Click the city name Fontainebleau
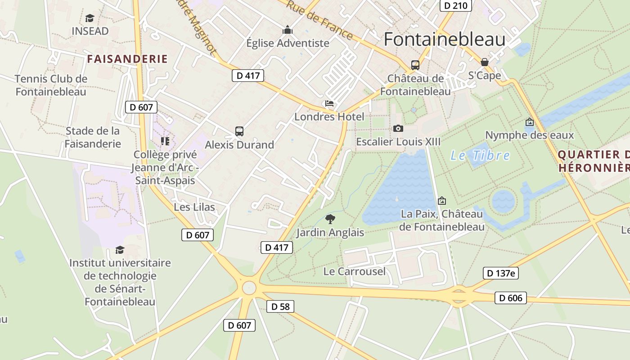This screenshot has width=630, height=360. [x=444, y=40]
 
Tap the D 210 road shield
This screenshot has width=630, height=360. [x=455, y=5]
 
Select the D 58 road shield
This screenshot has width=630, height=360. [x=280, y=307]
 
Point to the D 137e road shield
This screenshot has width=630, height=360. [x=501, y=273]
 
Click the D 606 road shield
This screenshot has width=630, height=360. [x=511, y=298]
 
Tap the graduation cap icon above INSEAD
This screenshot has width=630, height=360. [x=90, y=18]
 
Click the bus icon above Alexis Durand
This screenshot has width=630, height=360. [x=239, y=131]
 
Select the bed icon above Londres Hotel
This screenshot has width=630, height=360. [x=329, y=104]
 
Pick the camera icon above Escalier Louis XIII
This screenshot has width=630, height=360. [x=398, y=129]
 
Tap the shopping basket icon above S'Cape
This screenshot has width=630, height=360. [x=485, y=62]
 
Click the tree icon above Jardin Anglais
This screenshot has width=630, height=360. [x=330, y=219]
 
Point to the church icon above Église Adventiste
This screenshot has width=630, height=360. [x=288, y=30]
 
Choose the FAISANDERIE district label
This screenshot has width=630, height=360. [x=127, y=59]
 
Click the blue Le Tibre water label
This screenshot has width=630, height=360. [x=480, y=156]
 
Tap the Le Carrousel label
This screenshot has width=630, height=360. [x=355, y=271]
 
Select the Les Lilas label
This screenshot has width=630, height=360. [x=194, y=207]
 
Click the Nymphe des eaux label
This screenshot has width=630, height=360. [x=530, y=135]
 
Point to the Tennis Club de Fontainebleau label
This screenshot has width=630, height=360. [x=51, y=85]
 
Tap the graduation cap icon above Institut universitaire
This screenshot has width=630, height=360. [x=120, y=250]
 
